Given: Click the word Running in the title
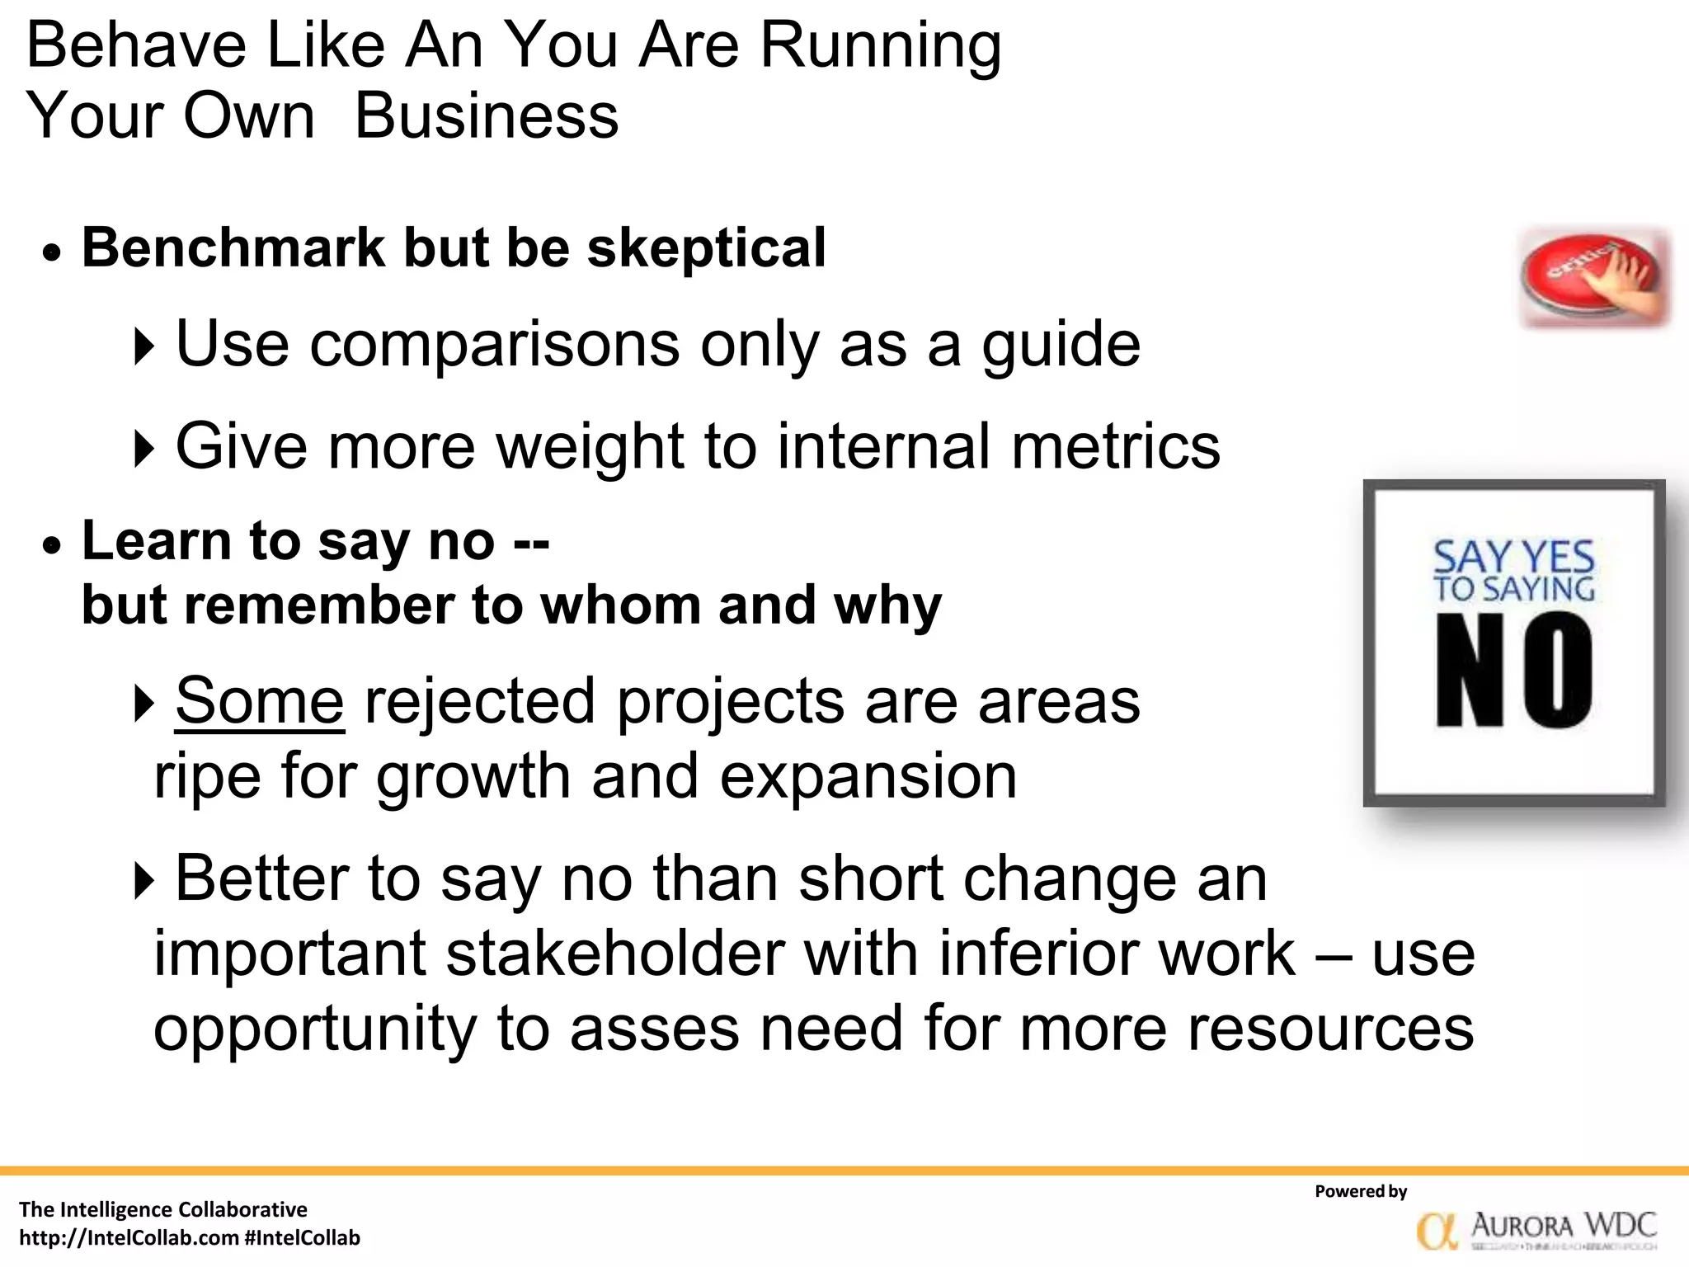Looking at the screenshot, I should tap(880, 46).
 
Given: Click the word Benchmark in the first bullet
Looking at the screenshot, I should tap(233, 247).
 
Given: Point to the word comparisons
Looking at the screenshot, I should tap(495, 345).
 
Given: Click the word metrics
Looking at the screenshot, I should tap(1115, 447).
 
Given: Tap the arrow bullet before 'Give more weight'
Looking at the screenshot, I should tap(143, 449).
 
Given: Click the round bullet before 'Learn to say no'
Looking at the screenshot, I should tap(53, 545).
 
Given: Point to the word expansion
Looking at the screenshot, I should tap(868, 777).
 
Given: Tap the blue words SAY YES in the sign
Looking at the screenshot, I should tap(1513, 558).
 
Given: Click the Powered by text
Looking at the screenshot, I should tap(1361, 1191).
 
